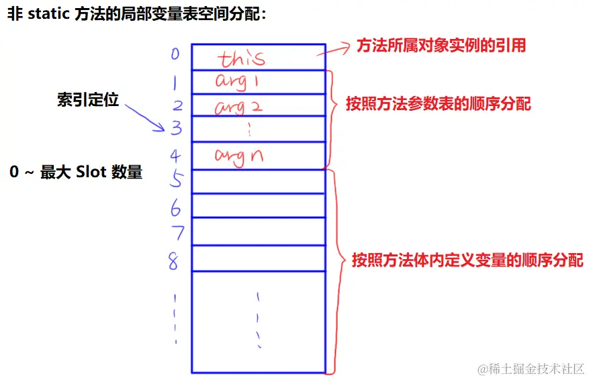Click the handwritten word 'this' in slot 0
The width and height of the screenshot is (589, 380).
[242, 58]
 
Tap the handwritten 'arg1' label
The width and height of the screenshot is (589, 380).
[237, 81]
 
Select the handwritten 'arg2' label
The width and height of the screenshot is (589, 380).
[238, 106]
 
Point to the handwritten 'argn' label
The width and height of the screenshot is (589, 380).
[238, 156]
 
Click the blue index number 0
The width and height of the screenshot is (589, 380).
[175, 53]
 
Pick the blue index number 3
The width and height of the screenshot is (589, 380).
[176, 127]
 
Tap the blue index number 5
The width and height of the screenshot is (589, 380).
[175, 180]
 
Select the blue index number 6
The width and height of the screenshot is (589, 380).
[175, 209]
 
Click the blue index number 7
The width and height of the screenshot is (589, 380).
[177, 233]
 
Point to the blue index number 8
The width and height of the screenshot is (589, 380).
[173, 260]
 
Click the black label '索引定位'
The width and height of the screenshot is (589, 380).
[87, 100]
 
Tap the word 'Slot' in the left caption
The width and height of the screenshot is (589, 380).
[91, 172]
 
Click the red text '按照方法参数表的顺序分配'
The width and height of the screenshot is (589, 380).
[439, 104]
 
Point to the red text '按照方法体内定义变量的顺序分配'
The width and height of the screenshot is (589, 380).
[467, 260]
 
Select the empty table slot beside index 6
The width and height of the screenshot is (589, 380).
[258, 205]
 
